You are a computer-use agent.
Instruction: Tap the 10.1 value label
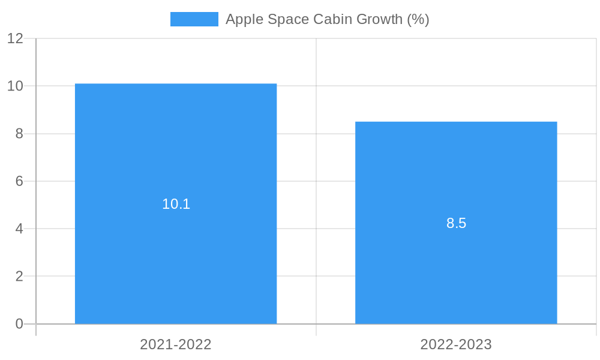(176, 204)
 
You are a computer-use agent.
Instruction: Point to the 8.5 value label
(456, 223)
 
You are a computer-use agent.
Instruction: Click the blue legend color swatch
(194, 19)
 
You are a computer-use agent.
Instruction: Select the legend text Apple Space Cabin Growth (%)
(327, 19)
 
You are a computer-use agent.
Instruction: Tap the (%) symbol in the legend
(418, 19)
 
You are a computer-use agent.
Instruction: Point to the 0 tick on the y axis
(19, 324)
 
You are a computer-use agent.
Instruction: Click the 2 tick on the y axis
(19, 277)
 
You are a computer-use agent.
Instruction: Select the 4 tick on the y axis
(19, 229)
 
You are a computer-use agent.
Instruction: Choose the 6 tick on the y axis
(19, 181)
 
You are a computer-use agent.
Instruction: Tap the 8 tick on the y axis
(19, 134)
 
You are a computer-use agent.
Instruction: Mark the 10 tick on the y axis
(15, 86)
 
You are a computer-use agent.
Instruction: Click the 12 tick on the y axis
(15, 38)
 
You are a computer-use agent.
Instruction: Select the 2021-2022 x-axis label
(176, 344)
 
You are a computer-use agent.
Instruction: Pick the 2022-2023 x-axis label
(456, 344)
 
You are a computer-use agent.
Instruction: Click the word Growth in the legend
(380, 19)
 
